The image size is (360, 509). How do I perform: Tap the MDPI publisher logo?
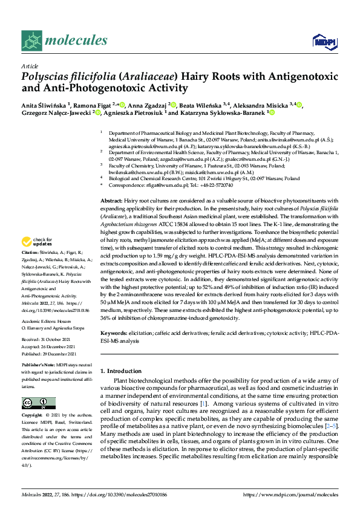coord(324,41)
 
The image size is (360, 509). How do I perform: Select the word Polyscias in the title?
coord(47,77)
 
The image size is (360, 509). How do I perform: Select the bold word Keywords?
coord(115,333)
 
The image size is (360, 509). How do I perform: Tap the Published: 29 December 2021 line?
coord(49,354)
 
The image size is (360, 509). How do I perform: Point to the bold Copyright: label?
coord(33,416)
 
